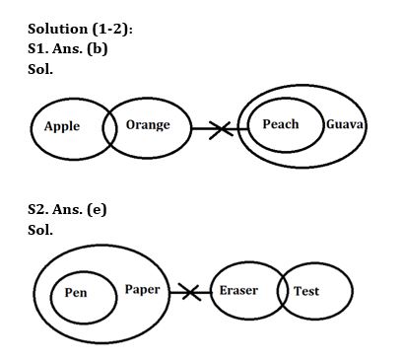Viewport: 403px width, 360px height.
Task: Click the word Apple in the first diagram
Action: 62,127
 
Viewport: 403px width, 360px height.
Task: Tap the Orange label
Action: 148,125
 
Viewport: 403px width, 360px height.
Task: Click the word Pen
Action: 76,293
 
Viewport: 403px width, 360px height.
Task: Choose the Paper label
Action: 143,290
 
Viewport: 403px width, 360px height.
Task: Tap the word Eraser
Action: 238,291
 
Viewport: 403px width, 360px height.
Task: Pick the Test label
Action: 305,292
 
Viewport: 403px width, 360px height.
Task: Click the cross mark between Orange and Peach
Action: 220,128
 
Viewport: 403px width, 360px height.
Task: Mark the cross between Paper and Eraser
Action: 188,292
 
